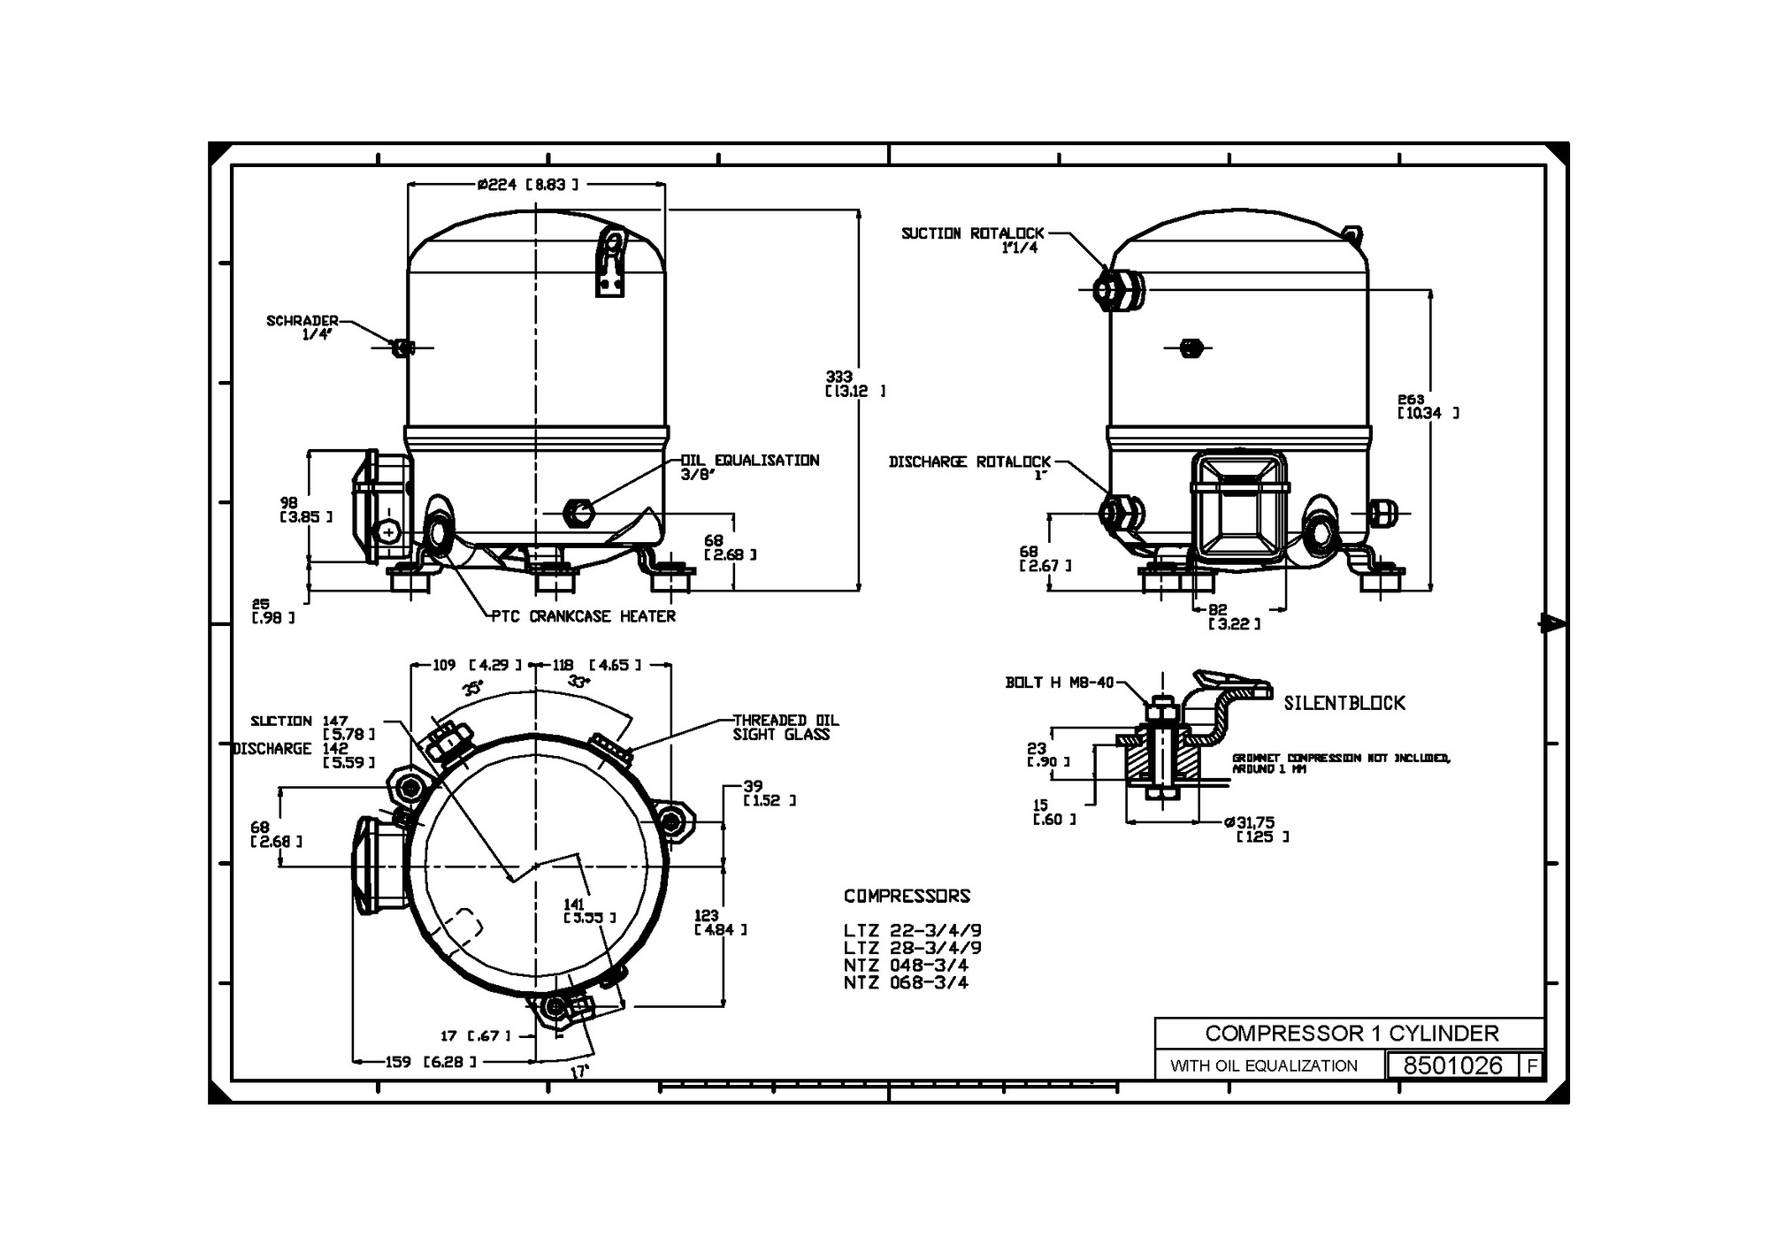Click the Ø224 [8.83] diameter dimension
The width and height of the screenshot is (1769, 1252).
(527, 185)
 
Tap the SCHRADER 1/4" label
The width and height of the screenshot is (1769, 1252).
(302, 327)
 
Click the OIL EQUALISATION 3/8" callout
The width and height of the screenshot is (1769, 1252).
(749, 467)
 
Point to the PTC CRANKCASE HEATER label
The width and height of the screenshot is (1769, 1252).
(584, 616)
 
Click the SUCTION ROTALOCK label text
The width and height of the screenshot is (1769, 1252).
(972, 234)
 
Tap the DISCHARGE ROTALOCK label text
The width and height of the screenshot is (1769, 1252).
(969, 462)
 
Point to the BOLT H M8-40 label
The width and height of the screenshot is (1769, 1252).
(1059, 683)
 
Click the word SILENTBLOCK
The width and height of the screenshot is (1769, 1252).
(1344, 703)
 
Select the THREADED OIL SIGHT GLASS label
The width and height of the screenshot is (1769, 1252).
(785, 727)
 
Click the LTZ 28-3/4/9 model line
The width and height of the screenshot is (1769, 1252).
(912, 948)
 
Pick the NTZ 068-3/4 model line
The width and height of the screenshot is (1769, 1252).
(906, 982)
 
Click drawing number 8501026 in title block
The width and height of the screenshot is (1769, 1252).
(1452, 1065)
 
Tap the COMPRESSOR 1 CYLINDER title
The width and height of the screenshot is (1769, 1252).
(1352, 1034)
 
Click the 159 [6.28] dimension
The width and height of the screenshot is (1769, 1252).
(430, 1062)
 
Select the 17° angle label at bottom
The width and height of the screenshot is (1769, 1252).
(578, 1072)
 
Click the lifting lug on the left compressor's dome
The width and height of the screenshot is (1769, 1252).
(610, 262)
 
